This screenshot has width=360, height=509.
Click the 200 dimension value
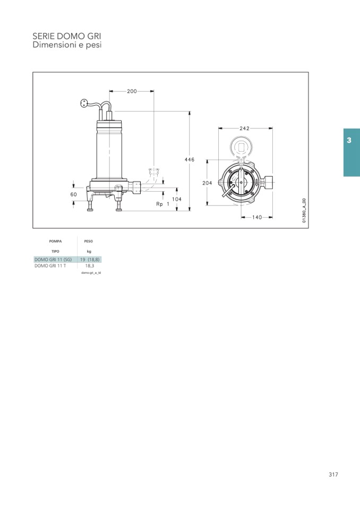point(132,91)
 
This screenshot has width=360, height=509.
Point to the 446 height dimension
point(190,159)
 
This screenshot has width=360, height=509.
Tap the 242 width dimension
point(244,128)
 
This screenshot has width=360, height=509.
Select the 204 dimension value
point(207,183)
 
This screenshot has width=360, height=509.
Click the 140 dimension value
point(257,217)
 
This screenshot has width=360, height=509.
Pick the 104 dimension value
point(177,199)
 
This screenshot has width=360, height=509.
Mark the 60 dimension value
point(74,194)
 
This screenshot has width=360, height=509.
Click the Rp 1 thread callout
point(162,204)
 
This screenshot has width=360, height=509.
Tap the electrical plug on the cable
point(84,103)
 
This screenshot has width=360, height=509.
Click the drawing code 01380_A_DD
point(304,210)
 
